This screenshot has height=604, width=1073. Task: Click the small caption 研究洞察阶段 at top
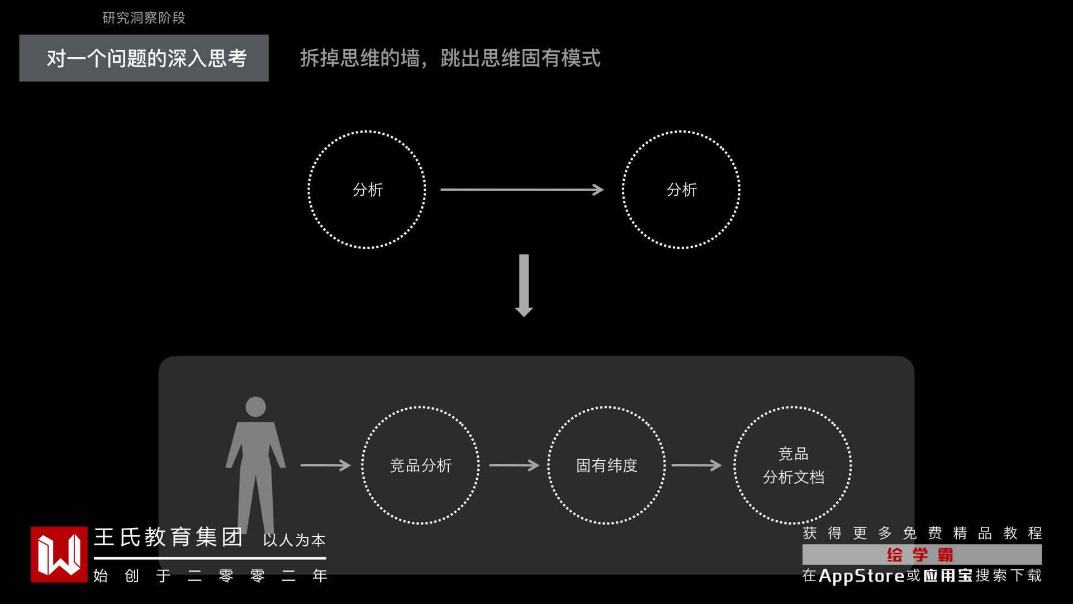coord(144,18)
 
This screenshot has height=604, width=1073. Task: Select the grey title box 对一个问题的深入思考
coord(144,58)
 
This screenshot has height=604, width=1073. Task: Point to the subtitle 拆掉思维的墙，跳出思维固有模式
coord(450,58)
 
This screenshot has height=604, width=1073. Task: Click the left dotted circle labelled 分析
coord(367,190)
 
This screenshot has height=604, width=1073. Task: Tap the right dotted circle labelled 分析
coord(681,190)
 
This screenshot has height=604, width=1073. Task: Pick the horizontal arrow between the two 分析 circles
coord(521,190)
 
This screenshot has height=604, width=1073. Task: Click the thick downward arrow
coord(524,285)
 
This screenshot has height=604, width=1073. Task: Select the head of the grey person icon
coord(255,407)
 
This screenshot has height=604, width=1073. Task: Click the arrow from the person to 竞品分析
coord(325,465)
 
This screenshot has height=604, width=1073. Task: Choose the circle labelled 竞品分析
coord(420,465)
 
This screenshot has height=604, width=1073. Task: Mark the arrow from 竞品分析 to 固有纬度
coord(514,465)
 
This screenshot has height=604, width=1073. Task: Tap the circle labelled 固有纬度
coord(606,465)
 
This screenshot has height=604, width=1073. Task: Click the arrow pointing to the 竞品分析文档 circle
coord(696,465)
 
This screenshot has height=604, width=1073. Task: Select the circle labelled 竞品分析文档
coord(793,465)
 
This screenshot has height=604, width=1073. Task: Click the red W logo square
coord(59,554)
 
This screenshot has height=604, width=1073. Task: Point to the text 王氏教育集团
coord(168,537)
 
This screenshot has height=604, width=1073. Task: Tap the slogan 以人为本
coord(294,540)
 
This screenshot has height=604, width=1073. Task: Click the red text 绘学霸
coord(920,555)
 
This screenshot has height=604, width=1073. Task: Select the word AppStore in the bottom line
coord(861,576)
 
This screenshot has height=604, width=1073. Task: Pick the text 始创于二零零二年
coord(210,576)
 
